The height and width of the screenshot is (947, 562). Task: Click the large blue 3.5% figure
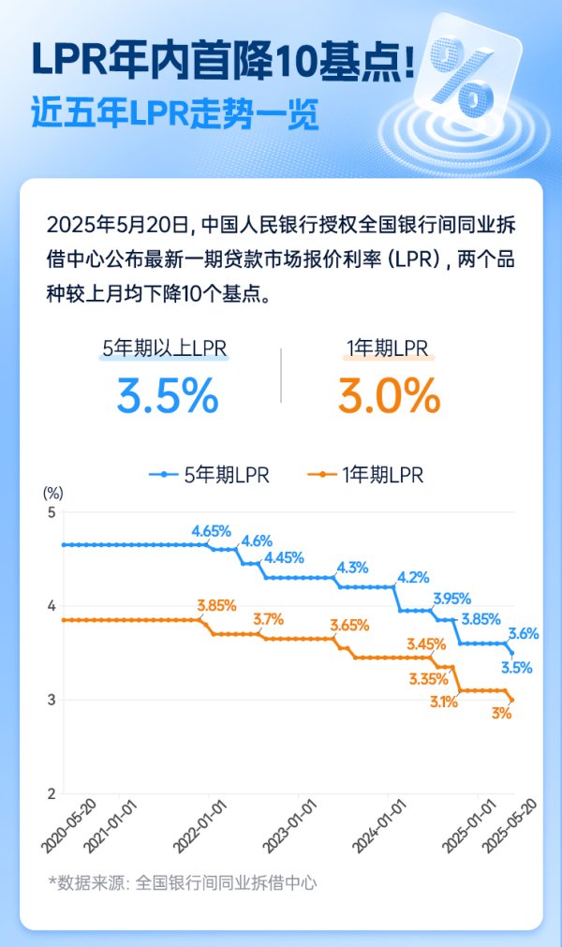[x=168, y=396]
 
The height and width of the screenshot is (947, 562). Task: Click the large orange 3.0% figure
[x=389, y=396]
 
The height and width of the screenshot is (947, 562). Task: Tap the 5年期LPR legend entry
[x=210, y=475]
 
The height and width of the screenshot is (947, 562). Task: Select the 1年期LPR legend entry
[x=365, y=475]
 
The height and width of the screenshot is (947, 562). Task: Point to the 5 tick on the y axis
[x=52, y=512]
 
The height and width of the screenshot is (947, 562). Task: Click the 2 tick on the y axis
[x=52, y=793]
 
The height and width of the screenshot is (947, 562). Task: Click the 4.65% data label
[x=212, y=531]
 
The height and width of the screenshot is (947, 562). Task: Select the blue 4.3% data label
[x=351, y=567]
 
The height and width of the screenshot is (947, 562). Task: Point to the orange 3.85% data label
[x=216, y=606]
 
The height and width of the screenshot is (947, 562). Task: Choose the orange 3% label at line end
[x=502, y=714]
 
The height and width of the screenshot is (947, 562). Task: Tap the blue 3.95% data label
[x=451, y=598]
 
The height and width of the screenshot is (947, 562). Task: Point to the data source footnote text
[x=182, y=881]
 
